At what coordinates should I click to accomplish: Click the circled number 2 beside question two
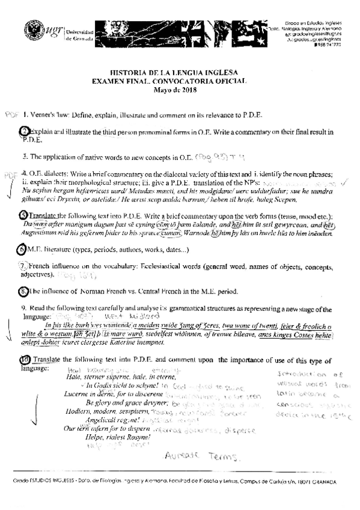(x=23, y=131)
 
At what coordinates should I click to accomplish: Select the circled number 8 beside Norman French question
(x=23, y=291)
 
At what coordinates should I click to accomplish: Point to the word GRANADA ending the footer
(x=324, y=482)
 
